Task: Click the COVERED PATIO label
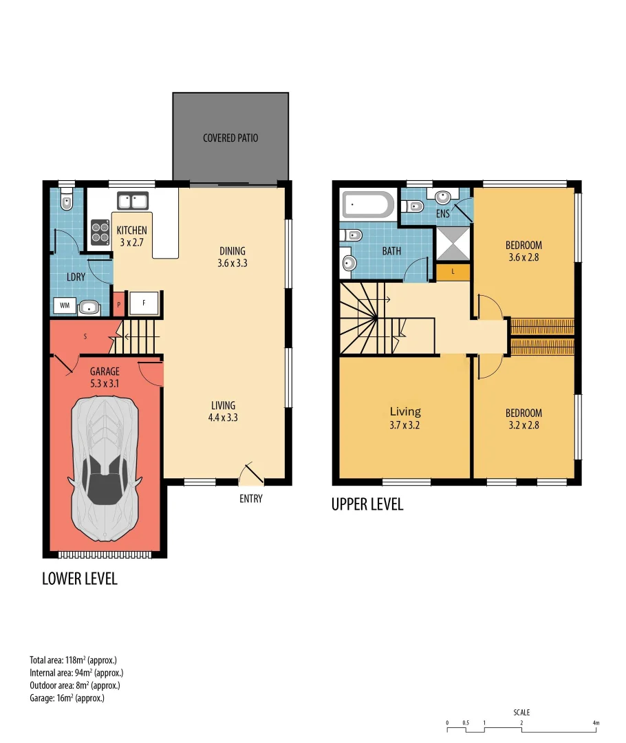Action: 230,138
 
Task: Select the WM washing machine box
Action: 65,305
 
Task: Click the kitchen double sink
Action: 133,202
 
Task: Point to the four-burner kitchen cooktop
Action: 100,232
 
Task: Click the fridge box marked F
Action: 144,303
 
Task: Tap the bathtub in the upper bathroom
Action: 368,204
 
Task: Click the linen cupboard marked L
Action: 453,272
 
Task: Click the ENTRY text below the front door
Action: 250,499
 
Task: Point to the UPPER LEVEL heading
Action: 367,505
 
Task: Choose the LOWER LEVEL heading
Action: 80,579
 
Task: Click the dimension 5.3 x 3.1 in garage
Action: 105,384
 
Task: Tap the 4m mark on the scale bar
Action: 595,723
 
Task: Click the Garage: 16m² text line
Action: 67,698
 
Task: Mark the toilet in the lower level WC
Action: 66,202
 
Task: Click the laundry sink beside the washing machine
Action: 89,308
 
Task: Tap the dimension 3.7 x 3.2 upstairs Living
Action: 404,424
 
